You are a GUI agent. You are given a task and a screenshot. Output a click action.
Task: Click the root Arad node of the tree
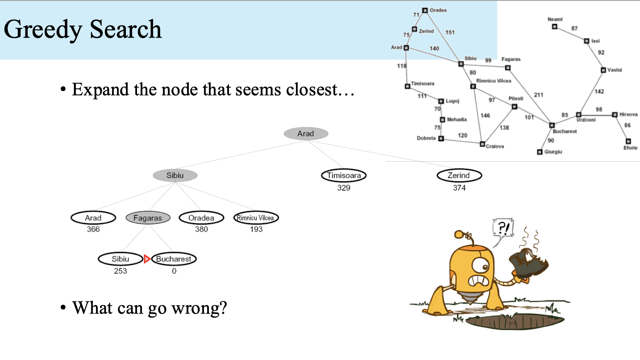(306, 134)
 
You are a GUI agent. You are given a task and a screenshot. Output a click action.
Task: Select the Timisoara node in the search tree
(344, 175)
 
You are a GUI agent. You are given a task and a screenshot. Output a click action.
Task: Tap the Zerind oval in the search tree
(459, 175)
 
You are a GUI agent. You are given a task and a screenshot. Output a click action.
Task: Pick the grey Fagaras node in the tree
(148, 218)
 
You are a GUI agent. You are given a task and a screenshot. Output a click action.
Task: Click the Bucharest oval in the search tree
(174, 259)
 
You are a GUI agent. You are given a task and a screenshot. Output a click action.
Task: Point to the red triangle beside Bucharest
(147, 259)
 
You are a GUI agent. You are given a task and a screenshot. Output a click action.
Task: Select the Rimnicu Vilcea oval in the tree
(256, 218)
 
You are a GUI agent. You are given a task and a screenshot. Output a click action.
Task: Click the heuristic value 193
(256, 229)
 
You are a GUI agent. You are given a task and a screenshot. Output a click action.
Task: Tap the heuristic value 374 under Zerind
(459, 188)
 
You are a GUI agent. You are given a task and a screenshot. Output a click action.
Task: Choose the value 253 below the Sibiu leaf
(121, 271)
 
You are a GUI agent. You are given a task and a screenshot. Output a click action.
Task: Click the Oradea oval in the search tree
(201, 218)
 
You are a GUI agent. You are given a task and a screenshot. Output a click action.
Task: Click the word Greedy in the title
(43, 30)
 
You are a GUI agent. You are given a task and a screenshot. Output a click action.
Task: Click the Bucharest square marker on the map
(552, 125)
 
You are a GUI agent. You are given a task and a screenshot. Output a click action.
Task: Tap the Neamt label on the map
(555, 19)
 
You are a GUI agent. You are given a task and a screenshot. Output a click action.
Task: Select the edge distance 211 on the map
(539, 95)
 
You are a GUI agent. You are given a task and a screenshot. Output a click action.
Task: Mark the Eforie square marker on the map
(628, 141)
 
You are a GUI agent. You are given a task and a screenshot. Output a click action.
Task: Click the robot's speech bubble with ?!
(503, 228)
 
